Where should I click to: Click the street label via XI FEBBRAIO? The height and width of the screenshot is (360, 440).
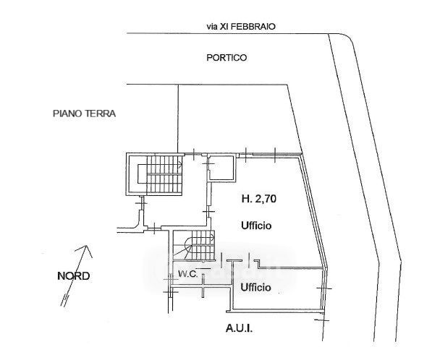241,26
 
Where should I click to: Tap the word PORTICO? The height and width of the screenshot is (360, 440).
227,59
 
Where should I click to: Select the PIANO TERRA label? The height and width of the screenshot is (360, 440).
84,113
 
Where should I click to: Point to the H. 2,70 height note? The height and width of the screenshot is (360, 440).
256,198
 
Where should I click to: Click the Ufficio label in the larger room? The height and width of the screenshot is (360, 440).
256,226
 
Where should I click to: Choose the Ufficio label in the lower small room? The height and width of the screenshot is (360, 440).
256,287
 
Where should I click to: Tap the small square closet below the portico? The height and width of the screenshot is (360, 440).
221,168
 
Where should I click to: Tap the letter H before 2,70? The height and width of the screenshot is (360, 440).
244,198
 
